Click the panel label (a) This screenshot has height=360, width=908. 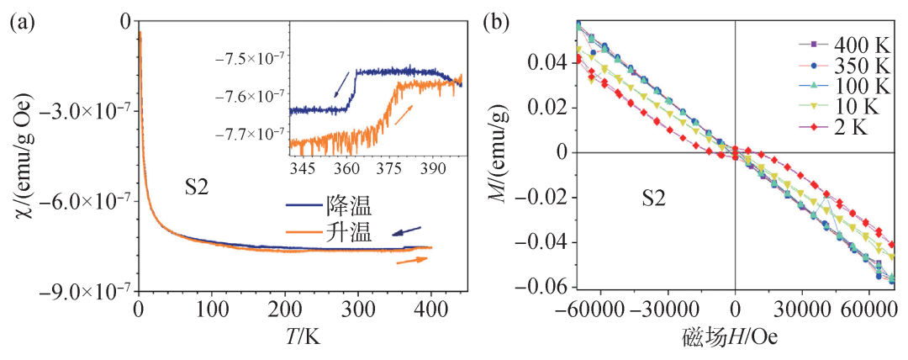pos(22,24)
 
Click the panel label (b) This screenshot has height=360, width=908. pos(496,24)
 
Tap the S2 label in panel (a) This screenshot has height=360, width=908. pos(194,189)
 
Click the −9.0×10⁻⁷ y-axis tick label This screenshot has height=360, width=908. pos(85,291)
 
